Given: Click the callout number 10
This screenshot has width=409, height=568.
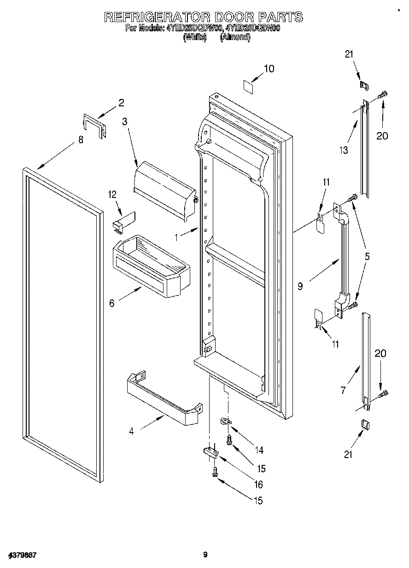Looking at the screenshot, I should tap(269, 69).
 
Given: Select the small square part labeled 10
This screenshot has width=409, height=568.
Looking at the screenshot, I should tap(249, 86).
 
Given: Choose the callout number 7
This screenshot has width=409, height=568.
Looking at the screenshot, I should tap(343, 391).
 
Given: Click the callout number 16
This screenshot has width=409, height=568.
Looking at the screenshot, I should tap(258, 484).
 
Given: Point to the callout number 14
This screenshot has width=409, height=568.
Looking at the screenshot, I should tap(259, 450).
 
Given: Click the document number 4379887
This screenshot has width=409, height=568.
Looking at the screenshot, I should tap(22, 555).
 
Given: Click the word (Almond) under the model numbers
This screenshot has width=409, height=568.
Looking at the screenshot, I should tap(235, 38).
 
